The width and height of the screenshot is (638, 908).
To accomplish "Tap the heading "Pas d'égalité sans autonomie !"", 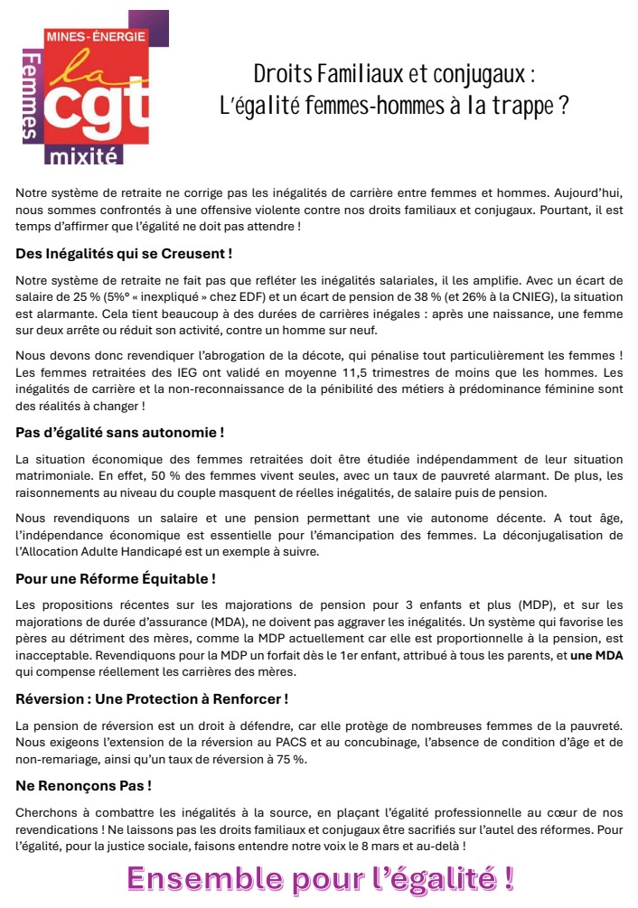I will click(x=120, y=434).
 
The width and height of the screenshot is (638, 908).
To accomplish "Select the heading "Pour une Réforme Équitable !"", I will click(x=116, y=578).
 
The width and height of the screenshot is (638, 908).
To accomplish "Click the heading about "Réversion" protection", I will click(x=152, y=699).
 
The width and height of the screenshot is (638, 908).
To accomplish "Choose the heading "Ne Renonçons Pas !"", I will click(x=83, y=786).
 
